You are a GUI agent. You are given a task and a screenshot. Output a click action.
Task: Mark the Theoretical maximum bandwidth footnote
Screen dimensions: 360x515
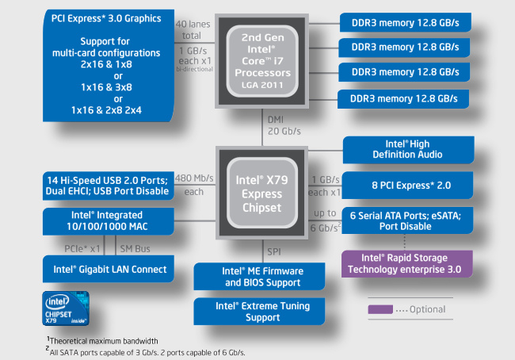point(103,341)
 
